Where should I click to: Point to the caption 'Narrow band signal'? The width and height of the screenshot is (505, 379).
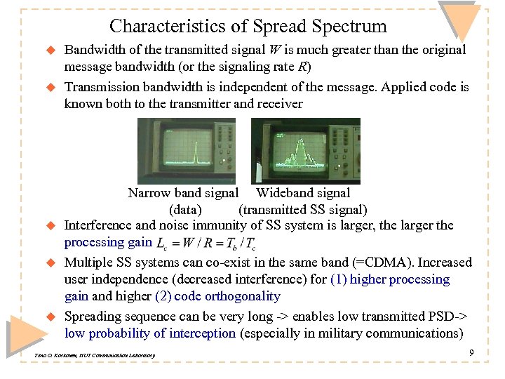point(183,193)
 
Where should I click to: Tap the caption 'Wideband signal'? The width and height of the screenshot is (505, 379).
point(304,193)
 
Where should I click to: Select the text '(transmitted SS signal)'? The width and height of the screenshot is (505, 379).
point(303,209)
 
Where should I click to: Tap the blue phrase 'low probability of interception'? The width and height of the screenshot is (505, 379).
point(150,333)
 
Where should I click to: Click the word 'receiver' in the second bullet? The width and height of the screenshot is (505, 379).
point(280,104)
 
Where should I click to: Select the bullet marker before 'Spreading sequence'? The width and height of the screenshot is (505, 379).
point(50,317)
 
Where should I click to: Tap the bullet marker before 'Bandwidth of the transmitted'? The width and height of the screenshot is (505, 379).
point(50,51)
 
